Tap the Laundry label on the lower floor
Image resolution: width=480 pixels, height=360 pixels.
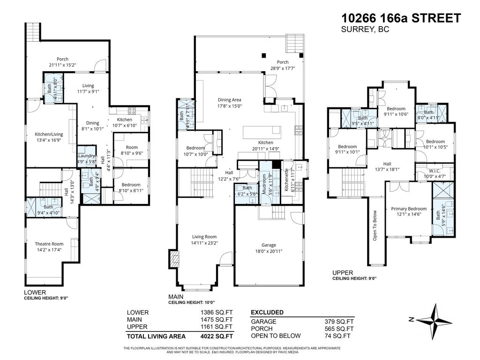[x=87, y=156]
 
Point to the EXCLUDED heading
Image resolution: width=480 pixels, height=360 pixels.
[x=267, y=312]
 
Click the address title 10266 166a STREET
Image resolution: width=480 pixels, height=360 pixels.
[x=401, y=18]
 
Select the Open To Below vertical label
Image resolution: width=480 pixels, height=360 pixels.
[x=375, y=225]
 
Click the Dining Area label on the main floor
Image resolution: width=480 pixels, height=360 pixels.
[x=230, y=99]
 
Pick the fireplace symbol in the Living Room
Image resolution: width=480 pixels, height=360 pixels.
[x=174, y=259]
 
